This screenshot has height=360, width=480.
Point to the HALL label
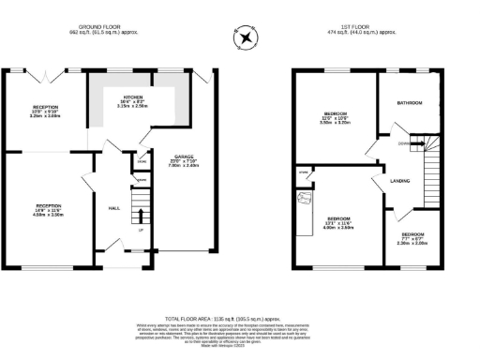pos(113,207)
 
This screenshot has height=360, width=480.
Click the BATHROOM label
pos(410,102)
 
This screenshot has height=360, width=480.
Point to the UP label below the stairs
pos(141,230)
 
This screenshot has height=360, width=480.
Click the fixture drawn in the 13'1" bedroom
pos(304,200)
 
